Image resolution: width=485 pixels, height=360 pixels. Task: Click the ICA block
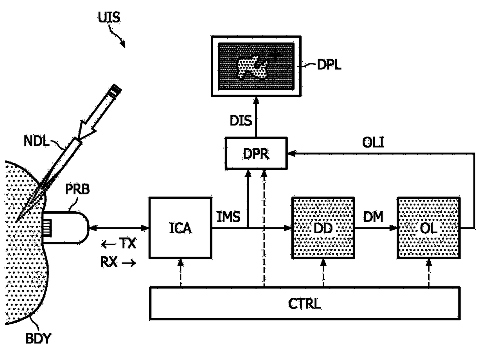[180, 228]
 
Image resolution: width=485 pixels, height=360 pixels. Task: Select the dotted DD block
[323, 228]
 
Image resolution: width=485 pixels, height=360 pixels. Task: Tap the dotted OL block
[429, 228]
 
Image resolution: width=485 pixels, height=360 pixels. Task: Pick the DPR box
[256, 153]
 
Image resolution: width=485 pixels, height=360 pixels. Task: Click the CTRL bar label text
[304, 304]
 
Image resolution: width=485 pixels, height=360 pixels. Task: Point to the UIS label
[109, 17]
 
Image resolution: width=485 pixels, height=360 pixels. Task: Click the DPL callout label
[329, 65]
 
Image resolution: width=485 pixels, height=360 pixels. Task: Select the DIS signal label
[241, 121]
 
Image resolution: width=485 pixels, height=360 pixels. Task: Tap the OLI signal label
[373, 142]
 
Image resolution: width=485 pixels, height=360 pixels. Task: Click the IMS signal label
[228, 217]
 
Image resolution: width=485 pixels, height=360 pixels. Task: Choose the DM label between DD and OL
[373, 217]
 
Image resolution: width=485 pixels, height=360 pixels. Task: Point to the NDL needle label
[36, 141]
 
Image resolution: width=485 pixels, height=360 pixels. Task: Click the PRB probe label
[77, 189]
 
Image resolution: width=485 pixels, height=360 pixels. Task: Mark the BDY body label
[38, 338]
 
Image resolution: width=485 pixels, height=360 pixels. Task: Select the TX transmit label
[128, 243]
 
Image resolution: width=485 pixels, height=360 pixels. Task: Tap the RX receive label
[109, 262]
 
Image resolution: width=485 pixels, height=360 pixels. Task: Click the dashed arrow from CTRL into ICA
[180, 273]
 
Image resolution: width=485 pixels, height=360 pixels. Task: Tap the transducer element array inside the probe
[47, 228]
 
